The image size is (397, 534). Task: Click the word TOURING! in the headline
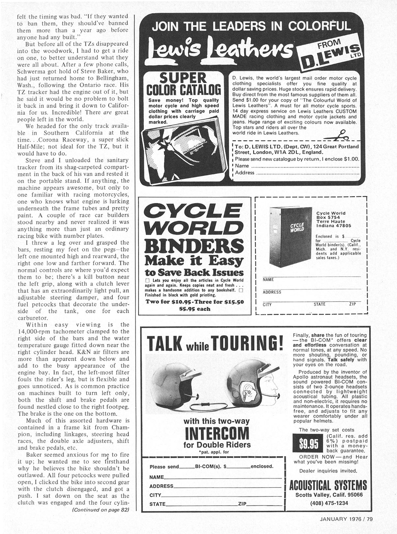pos(247,343)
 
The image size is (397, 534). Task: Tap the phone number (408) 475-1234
pos(329,503)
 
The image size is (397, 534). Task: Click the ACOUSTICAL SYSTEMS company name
pos(328,486)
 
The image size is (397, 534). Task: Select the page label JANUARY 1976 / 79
pos(346,519)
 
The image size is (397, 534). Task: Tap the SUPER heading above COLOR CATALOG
pos(183,78)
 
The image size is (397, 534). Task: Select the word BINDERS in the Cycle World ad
pos(194,246)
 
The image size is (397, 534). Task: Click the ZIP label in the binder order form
pos(353,304)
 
